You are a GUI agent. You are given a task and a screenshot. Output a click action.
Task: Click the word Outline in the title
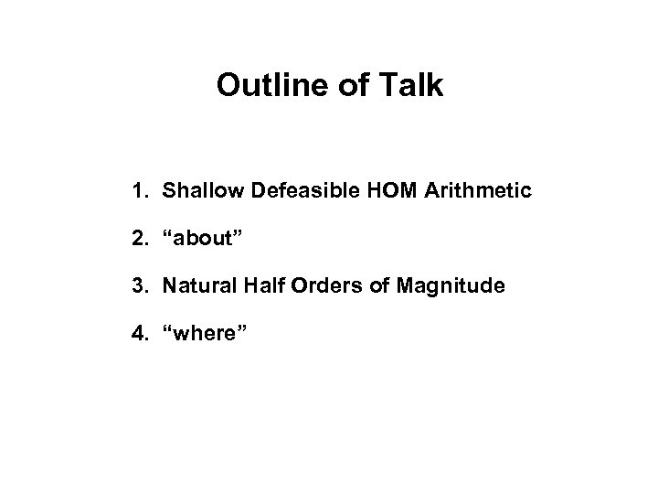(x=262, y=86)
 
